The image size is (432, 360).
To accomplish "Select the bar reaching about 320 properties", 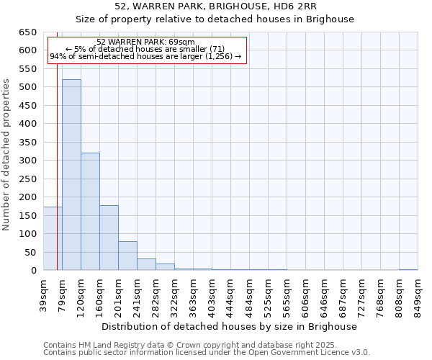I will click(x=90, y=212).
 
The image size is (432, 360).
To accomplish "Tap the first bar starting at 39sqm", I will click(x=53, y=238).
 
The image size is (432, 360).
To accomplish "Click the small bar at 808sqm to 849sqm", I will click(x=408, y=269).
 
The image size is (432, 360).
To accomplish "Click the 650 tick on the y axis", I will click(x=27, y=32).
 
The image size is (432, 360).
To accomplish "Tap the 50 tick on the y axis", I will click(x=30, y=253).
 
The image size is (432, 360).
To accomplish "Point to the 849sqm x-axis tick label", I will click(x=418, y=294).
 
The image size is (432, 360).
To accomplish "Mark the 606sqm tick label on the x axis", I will click(x=306, y=294).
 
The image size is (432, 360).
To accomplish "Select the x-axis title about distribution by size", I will click(x=229, y=326).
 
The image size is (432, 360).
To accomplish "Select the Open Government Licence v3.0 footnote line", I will click(x=206, y=353).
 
